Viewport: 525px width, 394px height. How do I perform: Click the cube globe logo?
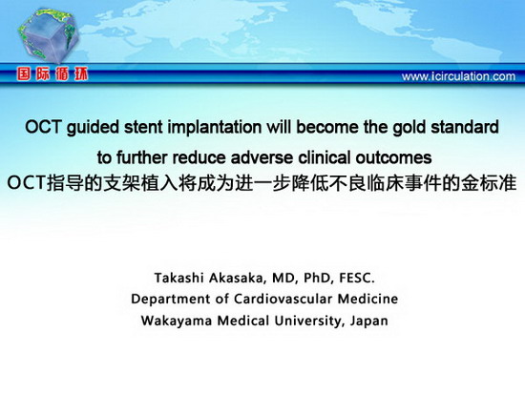click(48, 34)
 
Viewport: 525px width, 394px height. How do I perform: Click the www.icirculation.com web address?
click(458, 76)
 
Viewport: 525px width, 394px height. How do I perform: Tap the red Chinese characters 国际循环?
click(52, 74)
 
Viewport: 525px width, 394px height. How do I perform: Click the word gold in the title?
click(409, 128)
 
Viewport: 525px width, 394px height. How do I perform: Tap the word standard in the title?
click(465, 127)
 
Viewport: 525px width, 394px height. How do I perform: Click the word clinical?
click(325, 157)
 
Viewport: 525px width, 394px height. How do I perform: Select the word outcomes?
click(393, 157)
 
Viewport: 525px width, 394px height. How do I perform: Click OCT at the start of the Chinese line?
click(26, 183)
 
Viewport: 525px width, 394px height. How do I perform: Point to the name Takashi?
click(179, 278)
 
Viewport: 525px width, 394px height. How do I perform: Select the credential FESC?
click(357, 279)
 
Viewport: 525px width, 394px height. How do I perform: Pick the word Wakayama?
click(177, 321)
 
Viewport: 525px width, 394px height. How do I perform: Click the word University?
click(307, 321)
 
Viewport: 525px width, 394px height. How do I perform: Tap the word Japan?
click(369, 321)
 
